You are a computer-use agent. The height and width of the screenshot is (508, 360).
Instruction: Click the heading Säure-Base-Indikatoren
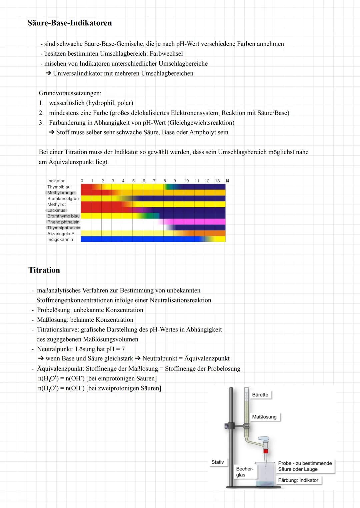click(70, 23)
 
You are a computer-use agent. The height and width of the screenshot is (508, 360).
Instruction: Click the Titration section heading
click(44, 270)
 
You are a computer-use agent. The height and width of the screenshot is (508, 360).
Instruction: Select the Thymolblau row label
click(59, 187)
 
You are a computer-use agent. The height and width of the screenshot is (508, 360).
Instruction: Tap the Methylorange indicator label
click(61, 193)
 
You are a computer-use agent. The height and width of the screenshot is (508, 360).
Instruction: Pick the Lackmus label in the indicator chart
click(56, 210)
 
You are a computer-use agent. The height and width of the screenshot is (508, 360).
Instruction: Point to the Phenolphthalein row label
click(63, 222)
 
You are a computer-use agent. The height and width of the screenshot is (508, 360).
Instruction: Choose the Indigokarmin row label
click(60, 240)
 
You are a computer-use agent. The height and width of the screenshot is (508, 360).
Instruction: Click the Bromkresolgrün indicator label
click(63, 199)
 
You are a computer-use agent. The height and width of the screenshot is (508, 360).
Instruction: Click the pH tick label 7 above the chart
click(154, 181)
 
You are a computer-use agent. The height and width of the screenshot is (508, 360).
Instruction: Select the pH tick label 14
click(227, 181)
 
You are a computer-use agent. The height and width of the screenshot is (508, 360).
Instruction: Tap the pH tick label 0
click(82, 181)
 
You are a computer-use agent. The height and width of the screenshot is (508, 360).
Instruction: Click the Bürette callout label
click(260, 395)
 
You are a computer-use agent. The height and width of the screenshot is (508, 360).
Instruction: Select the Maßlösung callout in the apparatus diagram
click(264, 417)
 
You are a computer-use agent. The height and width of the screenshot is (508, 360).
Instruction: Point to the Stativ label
click(218, 462)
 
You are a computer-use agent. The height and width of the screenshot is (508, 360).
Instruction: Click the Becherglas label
click(244, 472)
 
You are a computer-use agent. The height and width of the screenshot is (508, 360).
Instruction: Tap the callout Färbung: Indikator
click(298, 480)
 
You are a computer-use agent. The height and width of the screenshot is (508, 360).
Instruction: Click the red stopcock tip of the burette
click(266, 451)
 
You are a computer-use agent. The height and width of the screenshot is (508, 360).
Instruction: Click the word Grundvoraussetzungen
click(70, 93)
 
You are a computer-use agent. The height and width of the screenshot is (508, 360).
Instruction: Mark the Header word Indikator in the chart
click(56, 181)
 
